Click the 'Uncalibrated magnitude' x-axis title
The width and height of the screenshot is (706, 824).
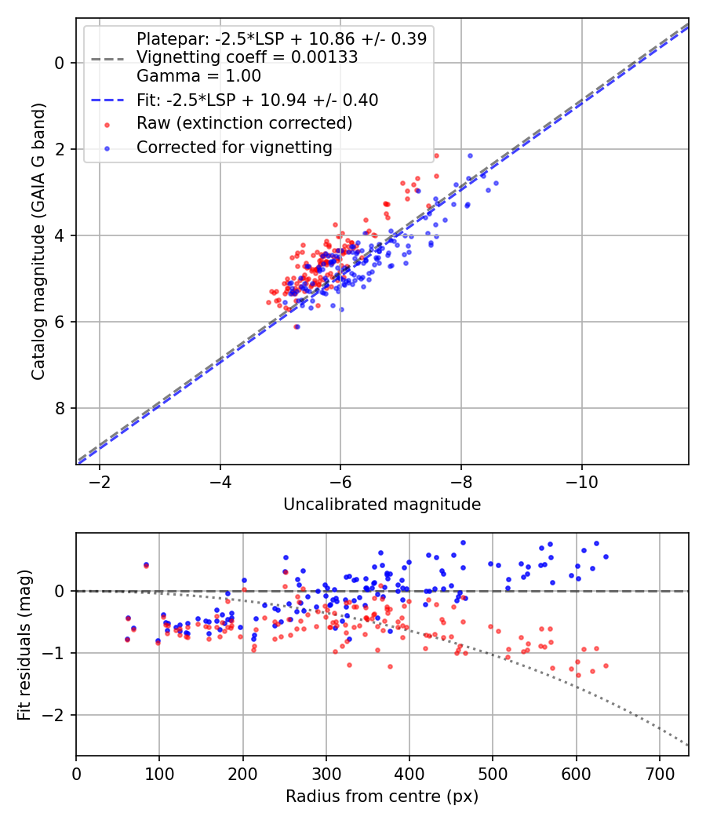[382, 505]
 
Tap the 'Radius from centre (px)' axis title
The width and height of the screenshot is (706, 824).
[382, 797]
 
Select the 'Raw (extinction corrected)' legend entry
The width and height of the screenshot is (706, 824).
[244, 124]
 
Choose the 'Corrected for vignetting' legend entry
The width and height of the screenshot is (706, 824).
[235, 148]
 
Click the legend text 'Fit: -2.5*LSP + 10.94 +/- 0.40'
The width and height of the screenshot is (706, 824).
[257, 100]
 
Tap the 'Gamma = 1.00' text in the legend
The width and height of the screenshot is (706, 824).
[198, 76]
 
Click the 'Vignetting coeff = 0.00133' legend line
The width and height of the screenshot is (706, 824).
[247, 57]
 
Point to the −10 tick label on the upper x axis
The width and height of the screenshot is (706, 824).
[581, 481]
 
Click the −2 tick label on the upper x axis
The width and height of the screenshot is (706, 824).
[100, 481]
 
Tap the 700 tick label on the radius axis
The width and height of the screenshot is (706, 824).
[659, 773]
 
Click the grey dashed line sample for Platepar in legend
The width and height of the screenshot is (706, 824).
[107, 58]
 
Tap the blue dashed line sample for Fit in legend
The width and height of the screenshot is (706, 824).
[107, 100]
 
